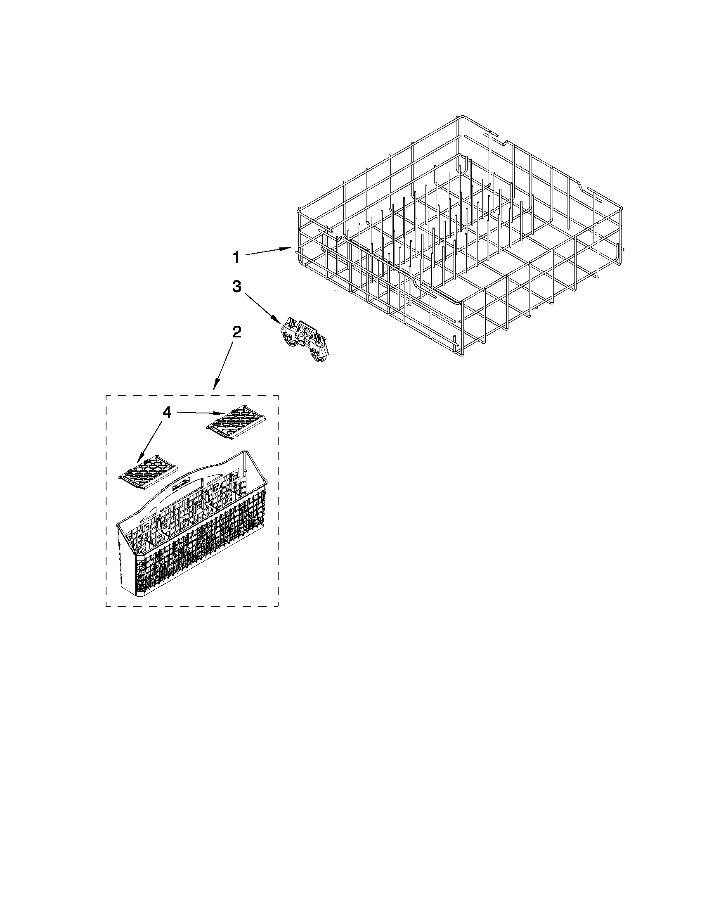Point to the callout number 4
coord(166,413)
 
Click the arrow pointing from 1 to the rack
coord(268,252)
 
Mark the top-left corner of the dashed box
coord(106,396)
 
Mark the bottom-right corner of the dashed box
coord(278,605)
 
